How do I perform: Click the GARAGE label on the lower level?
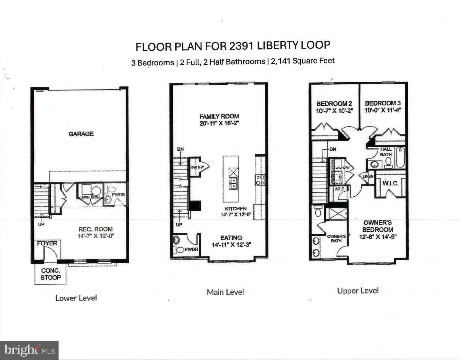[81, 134]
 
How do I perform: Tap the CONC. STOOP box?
[51, 274]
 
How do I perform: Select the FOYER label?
[47, 243]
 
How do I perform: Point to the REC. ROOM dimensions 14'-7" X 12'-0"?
[96, 236]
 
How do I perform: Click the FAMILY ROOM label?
[219, 116]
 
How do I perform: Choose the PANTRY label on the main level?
[197, 167]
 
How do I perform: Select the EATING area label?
[231, 238]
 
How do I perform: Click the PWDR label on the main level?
[191, 250]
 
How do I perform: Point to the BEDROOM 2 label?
[334, 104]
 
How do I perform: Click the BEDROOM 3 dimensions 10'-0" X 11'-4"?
[383, 110]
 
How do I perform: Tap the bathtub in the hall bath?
[400, 157]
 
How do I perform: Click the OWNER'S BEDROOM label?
[377, 226]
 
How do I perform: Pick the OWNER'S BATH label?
[336, 239]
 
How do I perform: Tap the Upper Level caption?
[358, 291]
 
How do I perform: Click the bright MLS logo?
[29, 351]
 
